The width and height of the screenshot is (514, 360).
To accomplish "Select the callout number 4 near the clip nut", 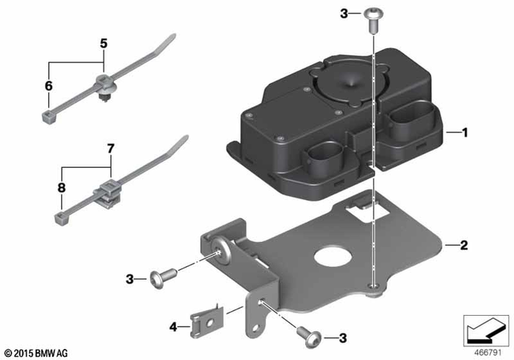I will (x=172, y=327).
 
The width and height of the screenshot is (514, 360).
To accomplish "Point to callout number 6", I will (x=47, y=85).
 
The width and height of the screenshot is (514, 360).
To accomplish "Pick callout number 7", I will (x=111, y=149).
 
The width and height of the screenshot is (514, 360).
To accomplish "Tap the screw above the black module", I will (x=374, y=17).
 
